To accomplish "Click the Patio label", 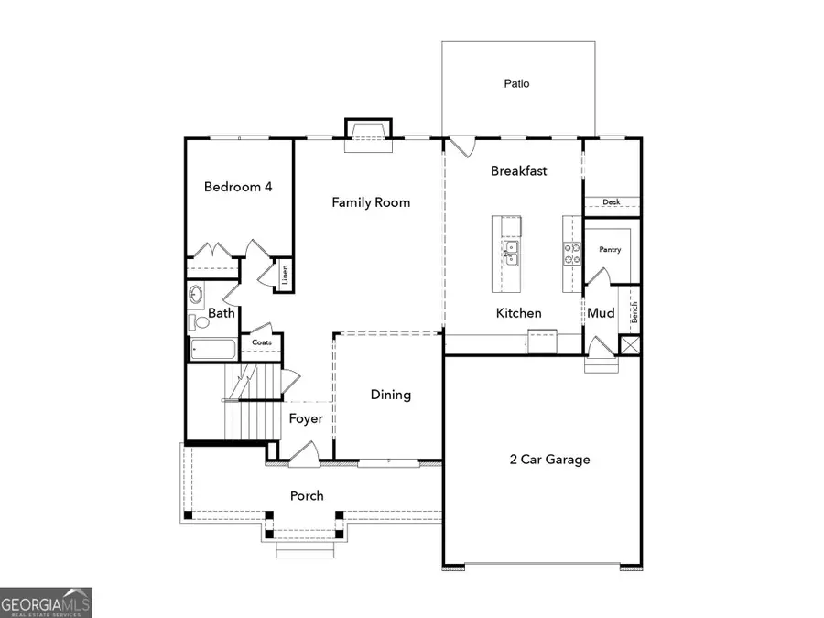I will pos(516,83).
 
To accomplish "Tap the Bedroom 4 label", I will pos(238,187).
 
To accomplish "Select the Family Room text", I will pos(371,202).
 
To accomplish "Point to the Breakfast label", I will pos(518,170).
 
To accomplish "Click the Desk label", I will pos(612,202).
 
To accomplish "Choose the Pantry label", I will pos(611,249).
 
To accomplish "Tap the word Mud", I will pos(601,313).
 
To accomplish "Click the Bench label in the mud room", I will pos(633,312).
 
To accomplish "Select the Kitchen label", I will pos(518,313).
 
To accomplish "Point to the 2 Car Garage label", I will pos(549,460).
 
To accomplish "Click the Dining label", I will pos(390,395).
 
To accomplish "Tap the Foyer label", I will pos(306,418).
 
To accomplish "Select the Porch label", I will pos(307,495).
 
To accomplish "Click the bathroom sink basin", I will pos(196,296).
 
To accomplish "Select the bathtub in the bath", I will pos(212,349).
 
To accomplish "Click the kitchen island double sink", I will pos(510,252).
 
